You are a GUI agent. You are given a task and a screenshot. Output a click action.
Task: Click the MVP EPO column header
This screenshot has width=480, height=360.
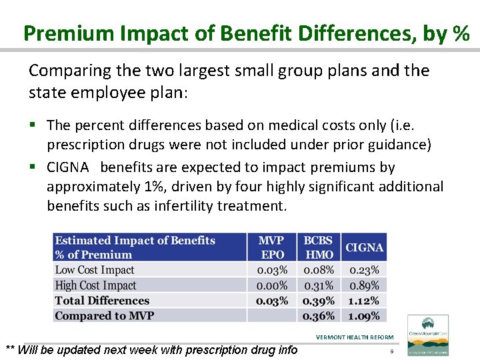[x=271, y=247]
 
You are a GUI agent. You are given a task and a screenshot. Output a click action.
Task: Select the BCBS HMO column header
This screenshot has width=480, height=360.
[x=319, y=247]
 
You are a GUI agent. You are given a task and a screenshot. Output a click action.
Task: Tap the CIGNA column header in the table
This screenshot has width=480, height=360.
[x=364, y=247]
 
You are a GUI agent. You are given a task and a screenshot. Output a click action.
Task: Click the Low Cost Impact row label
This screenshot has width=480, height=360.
[x=95, y=270]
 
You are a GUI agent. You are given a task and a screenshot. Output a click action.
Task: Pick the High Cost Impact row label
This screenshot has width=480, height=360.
[x=95, y=285]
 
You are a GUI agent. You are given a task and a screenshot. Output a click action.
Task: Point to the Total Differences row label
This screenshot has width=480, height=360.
[x=102, y=301]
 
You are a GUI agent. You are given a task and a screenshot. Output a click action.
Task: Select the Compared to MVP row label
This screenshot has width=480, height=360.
[x=104, y=316]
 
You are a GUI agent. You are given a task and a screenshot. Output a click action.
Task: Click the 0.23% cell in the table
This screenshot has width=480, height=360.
[x=364, y=270]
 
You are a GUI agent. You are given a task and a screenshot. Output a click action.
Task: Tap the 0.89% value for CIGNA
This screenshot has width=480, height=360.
[x=364, y=285]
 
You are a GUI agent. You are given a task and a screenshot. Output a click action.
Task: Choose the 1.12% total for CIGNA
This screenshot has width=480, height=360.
[x=364, y=301]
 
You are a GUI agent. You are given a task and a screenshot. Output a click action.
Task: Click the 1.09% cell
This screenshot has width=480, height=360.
[x=364, y=316]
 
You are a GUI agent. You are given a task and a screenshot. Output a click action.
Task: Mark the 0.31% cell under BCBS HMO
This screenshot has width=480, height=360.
[x=319, y=285]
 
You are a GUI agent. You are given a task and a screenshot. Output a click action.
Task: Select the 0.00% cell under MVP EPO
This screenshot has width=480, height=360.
[x=272, y=285]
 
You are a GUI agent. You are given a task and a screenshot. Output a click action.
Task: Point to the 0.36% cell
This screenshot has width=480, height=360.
[x=319, y=316]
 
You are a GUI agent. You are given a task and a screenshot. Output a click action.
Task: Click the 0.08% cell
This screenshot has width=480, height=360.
[x=319, y=270]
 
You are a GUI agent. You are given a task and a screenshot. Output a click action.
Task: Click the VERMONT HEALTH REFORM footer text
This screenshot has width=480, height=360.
[x=355, y=337]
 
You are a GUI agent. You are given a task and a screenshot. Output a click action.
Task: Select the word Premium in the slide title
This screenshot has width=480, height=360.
[x=59, y=33]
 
